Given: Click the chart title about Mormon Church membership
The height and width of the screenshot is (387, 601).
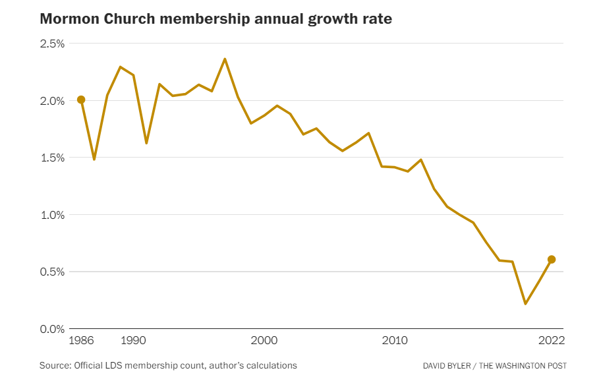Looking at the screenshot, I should [215, 18].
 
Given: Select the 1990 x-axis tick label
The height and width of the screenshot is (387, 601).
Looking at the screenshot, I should [133, 341].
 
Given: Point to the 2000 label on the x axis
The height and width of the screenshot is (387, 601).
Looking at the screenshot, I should [264, 341].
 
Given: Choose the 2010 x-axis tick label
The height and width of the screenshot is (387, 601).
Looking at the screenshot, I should [394, 341].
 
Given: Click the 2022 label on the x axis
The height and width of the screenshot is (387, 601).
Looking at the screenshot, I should [551, 341].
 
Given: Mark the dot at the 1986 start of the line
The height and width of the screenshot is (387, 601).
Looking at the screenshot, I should [81, 100].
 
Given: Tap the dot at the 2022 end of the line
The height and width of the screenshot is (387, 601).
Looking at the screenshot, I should [552, 259].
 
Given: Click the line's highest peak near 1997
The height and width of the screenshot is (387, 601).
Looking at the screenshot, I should [225, 59].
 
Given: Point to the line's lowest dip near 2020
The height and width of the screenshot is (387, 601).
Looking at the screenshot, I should [525, 303].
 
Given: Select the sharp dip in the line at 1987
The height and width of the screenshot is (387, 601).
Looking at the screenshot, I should [94, 159].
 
